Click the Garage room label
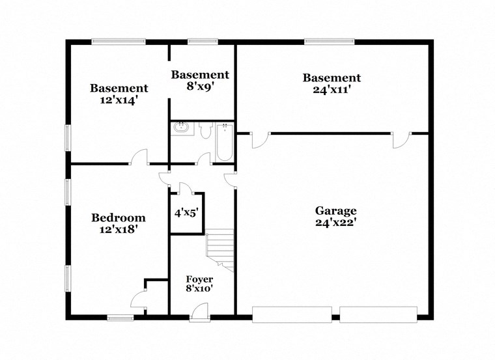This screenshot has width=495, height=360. (335, 210)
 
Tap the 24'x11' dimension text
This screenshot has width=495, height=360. (332, 90)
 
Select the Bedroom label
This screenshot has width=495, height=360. (118, 217)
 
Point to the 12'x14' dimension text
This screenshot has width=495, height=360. (119, 100)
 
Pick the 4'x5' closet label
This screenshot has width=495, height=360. (186, 212)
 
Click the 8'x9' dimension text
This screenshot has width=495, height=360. (200, 86)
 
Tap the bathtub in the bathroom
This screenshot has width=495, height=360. (224, 142)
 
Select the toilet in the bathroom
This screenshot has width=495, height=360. (206, 132)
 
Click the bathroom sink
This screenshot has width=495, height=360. (181, 129)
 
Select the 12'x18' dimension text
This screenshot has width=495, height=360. (118, 229)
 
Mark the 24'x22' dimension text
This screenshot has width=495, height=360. (335, 222)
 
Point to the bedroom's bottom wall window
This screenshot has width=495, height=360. (120, 318)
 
